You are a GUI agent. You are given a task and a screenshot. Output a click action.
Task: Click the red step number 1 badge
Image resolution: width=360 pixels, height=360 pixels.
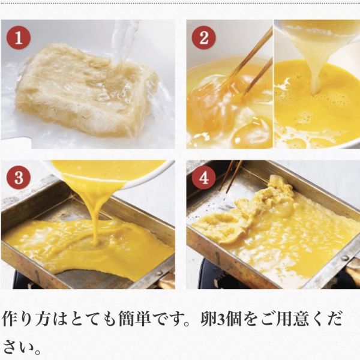(19, 38)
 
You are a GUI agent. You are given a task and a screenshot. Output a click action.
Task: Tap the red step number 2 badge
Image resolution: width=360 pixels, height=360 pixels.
(203, 38)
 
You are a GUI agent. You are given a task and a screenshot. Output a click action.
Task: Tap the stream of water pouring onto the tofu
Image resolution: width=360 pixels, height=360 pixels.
(123, 45)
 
